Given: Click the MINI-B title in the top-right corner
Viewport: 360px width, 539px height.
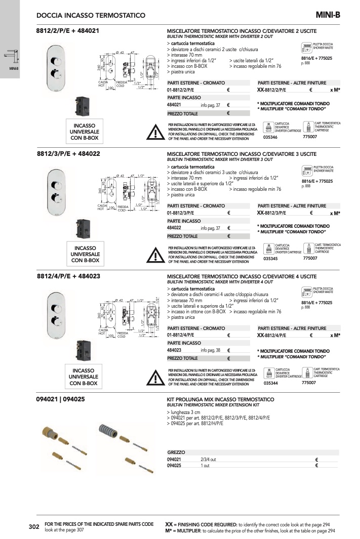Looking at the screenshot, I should pos(328,15).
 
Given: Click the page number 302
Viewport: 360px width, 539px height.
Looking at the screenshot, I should pos(34,527).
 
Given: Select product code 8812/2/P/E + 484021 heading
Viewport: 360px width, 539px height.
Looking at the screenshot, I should pos(67,31).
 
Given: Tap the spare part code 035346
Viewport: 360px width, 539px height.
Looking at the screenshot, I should pos(271,137).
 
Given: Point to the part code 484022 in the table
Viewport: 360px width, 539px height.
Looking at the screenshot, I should pos(175,228).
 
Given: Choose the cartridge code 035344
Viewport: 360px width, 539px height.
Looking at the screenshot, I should pos(271,383).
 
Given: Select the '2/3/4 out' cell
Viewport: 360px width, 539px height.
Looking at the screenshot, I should pos(208,459).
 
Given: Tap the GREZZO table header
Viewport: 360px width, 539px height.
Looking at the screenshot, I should pos(176,452).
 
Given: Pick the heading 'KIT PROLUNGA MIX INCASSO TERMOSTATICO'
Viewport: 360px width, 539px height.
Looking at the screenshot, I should pos(220,399).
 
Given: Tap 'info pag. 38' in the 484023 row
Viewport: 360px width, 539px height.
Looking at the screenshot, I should pos(210,350).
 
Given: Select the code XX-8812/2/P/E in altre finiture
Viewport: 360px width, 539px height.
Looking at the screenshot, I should pos(271,90).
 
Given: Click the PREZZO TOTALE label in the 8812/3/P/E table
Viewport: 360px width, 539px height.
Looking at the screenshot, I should pos(182,236).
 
